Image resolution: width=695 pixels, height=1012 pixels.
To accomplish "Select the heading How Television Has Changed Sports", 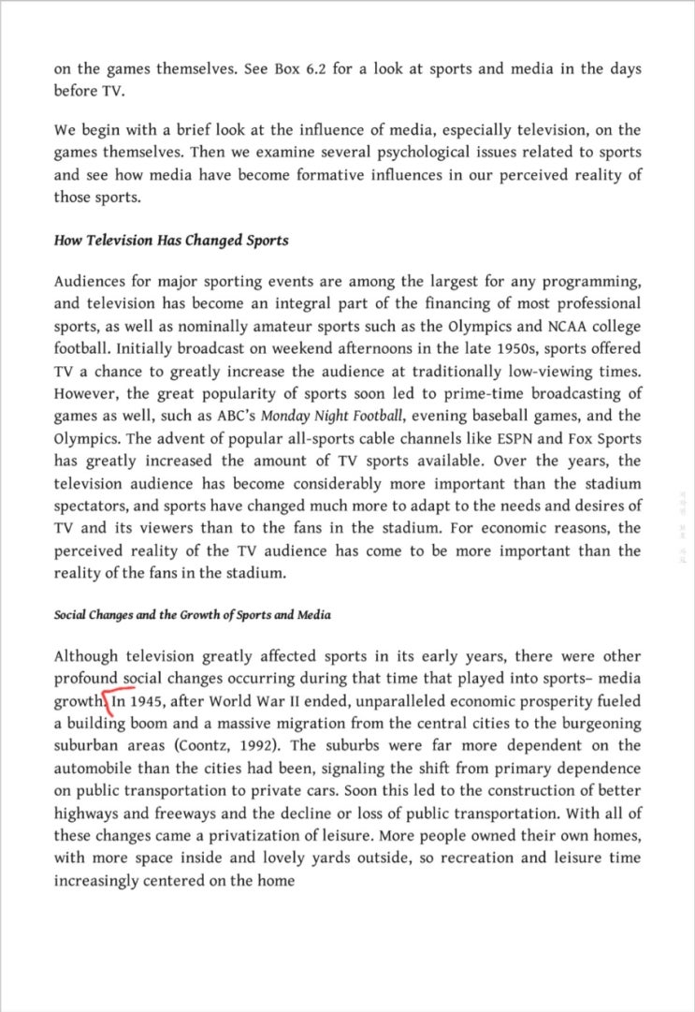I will tap(171, 241).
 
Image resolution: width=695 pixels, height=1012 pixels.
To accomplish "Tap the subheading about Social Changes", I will tap(192, 615).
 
